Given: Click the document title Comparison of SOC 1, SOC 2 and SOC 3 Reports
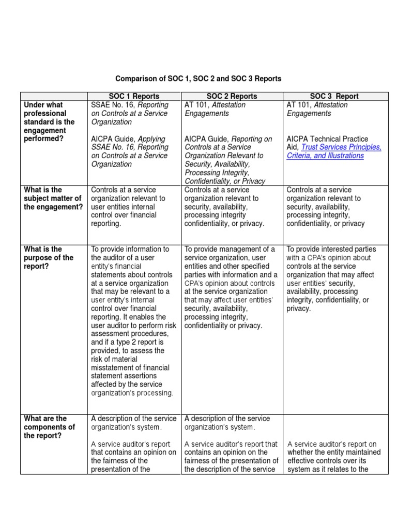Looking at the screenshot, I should [198, 79].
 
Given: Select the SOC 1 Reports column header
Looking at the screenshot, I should [134, 96].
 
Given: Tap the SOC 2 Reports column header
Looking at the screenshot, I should [232, 96].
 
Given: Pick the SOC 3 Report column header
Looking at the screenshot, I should [334, 96].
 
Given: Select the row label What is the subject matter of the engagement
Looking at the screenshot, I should [53, 198].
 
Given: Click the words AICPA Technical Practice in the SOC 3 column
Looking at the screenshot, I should [327, 139].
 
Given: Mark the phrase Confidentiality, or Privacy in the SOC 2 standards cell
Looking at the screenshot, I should [225, 181].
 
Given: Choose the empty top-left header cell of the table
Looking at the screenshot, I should [54, 96].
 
